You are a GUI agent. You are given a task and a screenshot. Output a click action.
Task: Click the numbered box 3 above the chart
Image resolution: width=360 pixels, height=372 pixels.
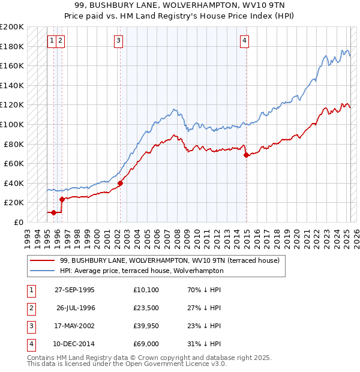(x=119, y=41)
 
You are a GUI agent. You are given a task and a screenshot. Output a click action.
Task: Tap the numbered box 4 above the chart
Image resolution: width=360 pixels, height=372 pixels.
(x=245, y=41)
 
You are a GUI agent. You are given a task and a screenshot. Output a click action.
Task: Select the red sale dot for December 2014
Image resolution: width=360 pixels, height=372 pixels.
(x=246, y=155)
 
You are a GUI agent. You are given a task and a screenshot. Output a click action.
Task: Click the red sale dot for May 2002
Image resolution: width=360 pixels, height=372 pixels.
(x=120, y=183)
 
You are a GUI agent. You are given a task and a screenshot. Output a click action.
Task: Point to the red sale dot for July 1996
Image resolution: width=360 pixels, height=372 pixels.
(x=62, y=199)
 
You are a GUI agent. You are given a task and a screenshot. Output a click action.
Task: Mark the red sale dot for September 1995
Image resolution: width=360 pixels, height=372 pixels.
(x=53, y=212)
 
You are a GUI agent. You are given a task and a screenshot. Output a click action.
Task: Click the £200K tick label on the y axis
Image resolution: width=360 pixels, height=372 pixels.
(x=12, y=27)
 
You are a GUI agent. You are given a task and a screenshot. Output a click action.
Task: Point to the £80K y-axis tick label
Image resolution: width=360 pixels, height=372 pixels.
(x=14, y=144)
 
